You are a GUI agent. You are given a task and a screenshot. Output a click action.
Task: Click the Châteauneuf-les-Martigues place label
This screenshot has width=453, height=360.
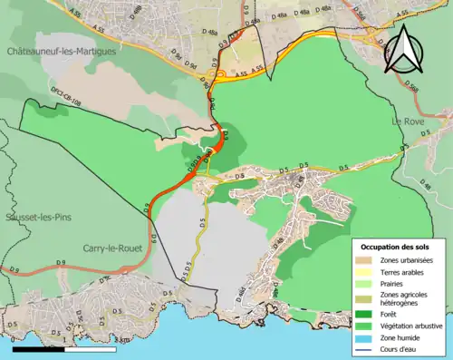[x=62, y=54]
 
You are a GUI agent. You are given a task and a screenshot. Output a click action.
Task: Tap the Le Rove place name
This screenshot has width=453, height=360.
[x=408, y=121]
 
